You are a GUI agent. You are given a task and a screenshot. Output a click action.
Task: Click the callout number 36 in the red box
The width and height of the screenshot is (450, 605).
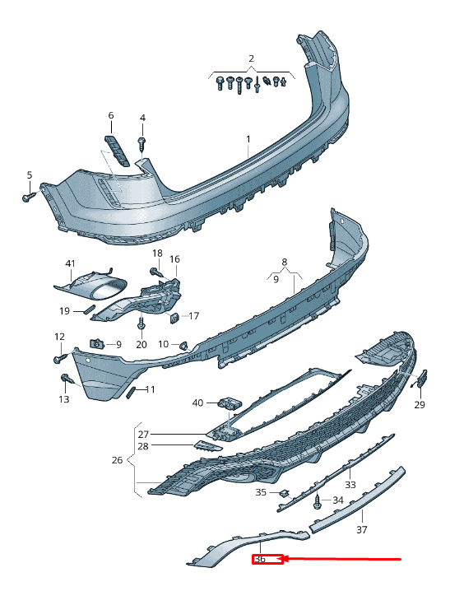pyautogui.click(x=260, y=559)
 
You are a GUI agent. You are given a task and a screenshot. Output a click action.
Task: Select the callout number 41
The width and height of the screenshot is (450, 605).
pyautogui.click(x=70, y=263)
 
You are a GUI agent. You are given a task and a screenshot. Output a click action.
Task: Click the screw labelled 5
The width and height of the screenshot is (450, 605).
pyautogui.click(x=29, y=197)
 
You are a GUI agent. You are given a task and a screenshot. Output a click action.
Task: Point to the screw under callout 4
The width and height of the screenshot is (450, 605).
pyautogui.click(x=142, y=145)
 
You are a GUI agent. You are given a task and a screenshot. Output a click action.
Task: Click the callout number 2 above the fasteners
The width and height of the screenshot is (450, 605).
pyautogui.click(x=252, y=58)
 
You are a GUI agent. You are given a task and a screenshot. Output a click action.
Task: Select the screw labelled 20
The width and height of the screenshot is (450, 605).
pyautogui.click(x=141, y=323)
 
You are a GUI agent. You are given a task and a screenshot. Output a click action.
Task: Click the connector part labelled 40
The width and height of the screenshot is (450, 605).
pyautogui.click(x=229, y=403)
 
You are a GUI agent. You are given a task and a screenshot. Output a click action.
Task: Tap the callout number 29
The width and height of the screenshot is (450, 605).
pyautogui.click(x=420, y=404)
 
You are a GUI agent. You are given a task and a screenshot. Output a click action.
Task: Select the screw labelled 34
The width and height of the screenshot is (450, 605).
pyautogui.click(x=318, y=501)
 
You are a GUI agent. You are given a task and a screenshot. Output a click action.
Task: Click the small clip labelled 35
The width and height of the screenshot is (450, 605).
pyautogui.click(x=285, y=494)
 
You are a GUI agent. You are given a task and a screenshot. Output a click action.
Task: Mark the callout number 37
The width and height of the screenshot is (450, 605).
pyautogui.click(x=362, y=530)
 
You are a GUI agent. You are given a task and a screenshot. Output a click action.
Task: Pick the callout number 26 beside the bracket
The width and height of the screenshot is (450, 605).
pyautogui.click(x=117, y=460)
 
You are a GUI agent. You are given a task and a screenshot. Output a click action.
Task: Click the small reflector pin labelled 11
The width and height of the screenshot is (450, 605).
pyautogui.click(x=129, y=392)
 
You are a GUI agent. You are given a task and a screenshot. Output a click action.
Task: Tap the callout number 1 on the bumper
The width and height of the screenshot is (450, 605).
pyautogui.click(x=248, y=139)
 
